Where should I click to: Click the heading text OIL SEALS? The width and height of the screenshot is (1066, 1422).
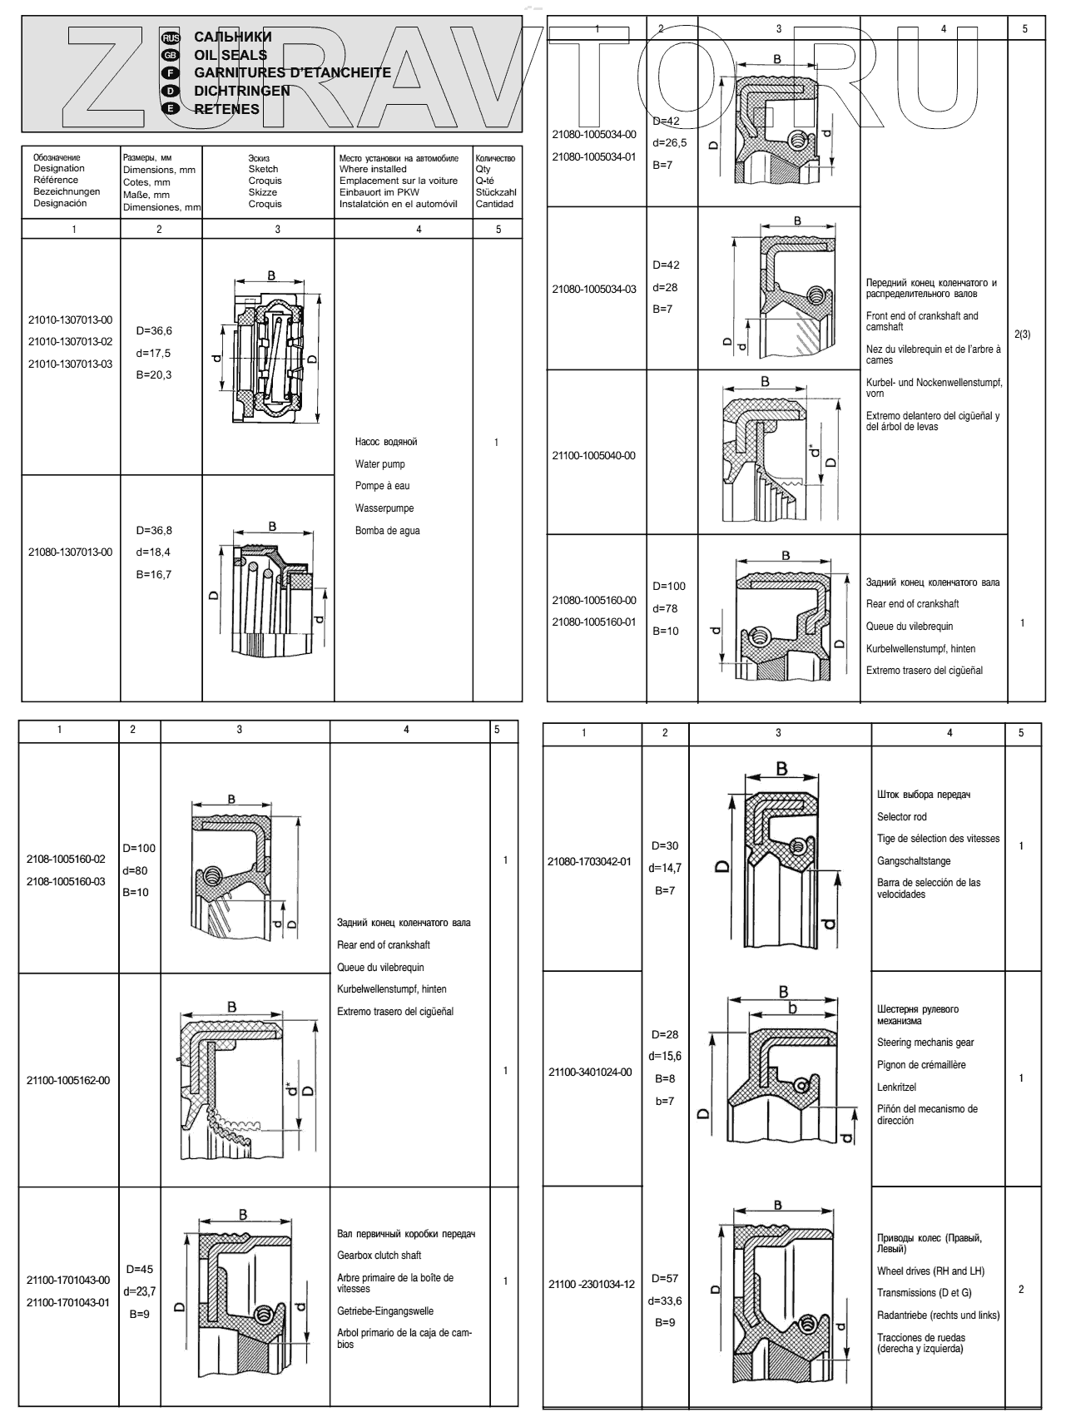[231, 55]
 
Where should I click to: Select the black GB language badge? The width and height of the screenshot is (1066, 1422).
[170, 55]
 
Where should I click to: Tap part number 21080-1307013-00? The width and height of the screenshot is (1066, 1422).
[70, 552]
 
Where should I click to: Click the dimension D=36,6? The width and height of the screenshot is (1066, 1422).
[154, 330]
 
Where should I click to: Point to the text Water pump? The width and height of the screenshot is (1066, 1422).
[380, 463]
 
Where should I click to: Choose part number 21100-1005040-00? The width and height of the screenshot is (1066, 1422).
[593, 455]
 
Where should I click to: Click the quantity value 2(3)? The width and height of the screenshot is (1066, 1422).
[1023, 334]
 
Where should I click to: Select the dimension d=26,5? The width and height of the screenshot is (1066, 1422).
[670, 142]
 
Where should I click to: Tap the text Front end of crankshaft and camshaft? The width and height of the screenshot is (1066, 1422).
[922, 321]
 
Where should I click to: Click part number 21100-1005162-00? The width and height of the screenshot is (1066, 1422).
[68, 1080]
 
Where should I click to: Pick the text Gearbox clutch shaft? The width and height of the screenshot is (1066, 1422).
[379, 1255]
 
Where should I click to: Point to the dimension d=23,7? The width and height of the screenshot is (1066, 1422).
[140, 1291]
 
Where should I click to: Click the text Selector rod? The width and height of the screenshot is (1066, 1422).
[901, 816]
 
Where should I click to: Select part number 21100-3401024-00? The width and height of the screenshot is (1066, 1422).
[590, 1072]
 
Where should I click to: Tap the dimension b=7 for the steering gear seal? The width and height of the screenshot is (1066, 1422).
[665, 1101]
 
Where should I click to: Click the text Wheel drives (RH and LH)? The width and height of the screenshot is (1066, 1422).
[930, 1271]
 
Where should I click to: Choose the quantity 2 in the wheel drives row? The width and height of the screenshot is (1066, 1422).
[1021, 1289]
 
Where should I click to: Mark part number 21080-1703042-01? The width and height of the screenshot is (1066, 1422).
[589, 861]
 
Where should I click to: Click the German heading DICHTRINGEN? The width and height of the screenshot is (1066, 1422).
[242, 91]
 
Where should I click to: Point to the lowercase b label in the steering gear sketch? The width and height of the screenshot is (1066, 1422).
[793, 1008]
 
